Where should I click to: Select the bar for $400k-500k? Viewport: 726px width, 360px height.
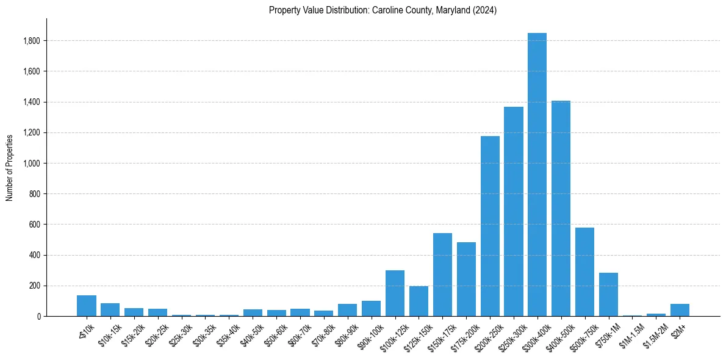tap(561, 208)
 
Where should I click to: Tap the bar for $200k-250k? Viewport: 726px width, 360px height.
tap(490, 226)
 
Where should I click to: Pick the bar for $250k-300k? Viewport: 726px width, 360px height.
tap(514, 211)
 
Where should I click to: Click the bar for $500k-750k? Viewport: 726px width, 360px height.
tap(584, 272)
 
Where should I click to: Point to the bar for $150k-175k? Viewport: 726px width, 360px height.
tap(442, 275)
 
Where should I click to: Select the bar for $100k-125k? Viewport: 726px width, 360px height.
tap(395, 293)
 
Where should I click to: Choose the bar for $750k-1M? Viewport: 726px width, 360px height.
tap(608, 294)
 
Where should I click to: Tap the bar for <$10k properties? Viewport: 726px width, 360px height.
tap(87, 306)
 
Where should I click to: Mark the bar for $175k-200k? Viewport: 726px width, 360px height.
tap(466, 279)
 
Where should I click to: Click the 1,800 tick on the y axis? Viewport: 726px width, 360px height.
tap(32, 41)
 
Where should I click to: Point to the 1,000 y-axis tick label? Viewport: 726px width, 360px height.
tap(32, 164)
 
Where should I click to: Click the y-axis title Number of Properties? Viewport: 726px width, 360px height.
tap(9, 168)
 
